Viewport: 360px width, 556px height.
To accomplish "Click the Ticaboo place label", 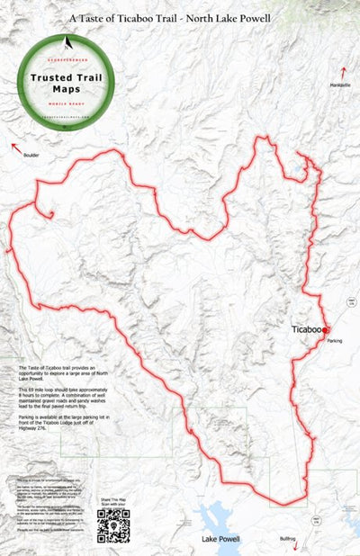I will [x=306, y=329].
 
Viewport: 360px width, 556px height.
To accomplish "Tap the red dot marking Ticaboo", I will [x=325, y=330].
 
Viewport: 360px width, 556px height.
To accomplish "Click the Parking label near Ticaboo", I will [x=335, y=341].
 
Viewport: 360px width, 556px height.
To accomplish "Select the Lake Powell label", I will [x=221, y=539].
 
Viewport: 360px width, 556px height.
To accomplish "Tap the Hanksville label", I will [x=341, y=85].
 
